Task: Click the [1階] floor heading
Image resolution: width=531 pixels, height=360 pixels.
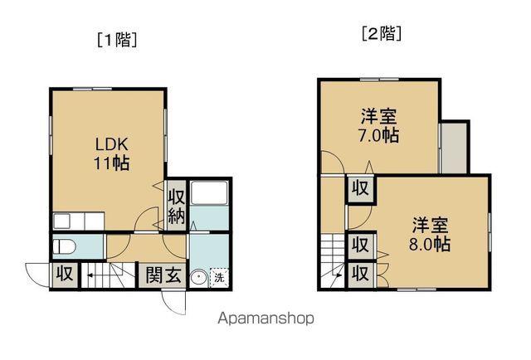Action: tap(117, 39)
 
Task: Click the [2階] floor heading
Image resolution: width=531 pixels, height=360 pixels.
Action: tap(382, 34)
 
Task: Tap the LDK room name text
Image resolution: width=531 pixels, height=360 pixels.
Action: tap(110, 142)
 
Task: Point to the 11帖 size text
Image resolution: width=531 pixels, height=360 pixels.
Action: tap(110, 163)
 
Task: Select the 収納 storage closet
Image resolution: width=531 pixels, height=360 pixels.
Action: tap(177, 206)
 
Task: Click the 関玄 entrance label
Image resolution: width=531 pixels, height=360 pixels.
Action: tap(163, 275)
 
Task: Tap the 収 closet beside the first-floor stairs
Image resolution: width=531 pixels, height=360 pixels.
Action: tap(65, 274)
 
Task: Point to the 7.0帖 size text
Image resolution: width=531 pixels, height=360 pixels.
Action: tap(379, 135)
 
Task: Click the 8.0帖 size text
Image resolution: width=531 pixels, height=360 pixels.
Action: tap(431, 246)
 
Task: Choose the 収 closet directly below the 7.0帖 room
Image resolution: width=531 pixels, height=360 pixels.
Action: tap(359, 187)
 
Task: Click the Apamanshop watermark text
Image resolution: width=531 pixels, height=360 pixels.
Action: tap(265, 319)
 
